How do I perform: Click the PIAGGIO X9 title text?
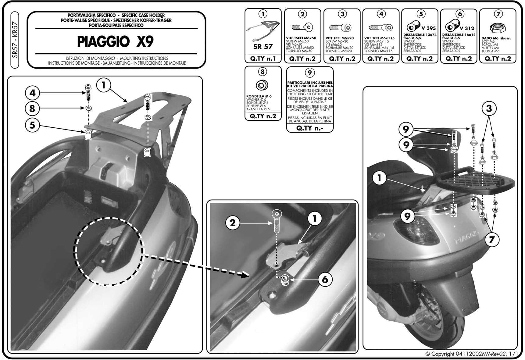point(115,42)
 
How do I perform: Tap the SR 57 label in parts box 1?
point(263,47)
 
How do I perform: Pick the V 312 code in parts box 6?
point(467,28)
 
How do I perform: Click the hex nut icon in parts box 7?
point(498,28)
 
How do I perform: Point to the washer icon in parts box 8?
point(262,85)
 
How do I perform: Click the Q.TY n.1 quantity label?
point(263,59)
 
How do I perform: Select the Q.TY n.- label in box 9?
point(310,128)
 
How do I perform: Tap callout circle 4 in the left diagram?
point(33,93)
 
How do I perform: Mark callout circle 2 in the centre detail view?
point(233,223)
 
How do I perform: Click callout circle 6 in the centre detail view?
point(325,279)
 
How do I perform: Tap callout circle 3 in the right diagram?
point(489,109)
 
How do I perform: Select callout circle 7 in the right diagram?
point(491,240)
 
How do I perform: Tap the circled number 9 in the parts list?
point(309,73)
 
